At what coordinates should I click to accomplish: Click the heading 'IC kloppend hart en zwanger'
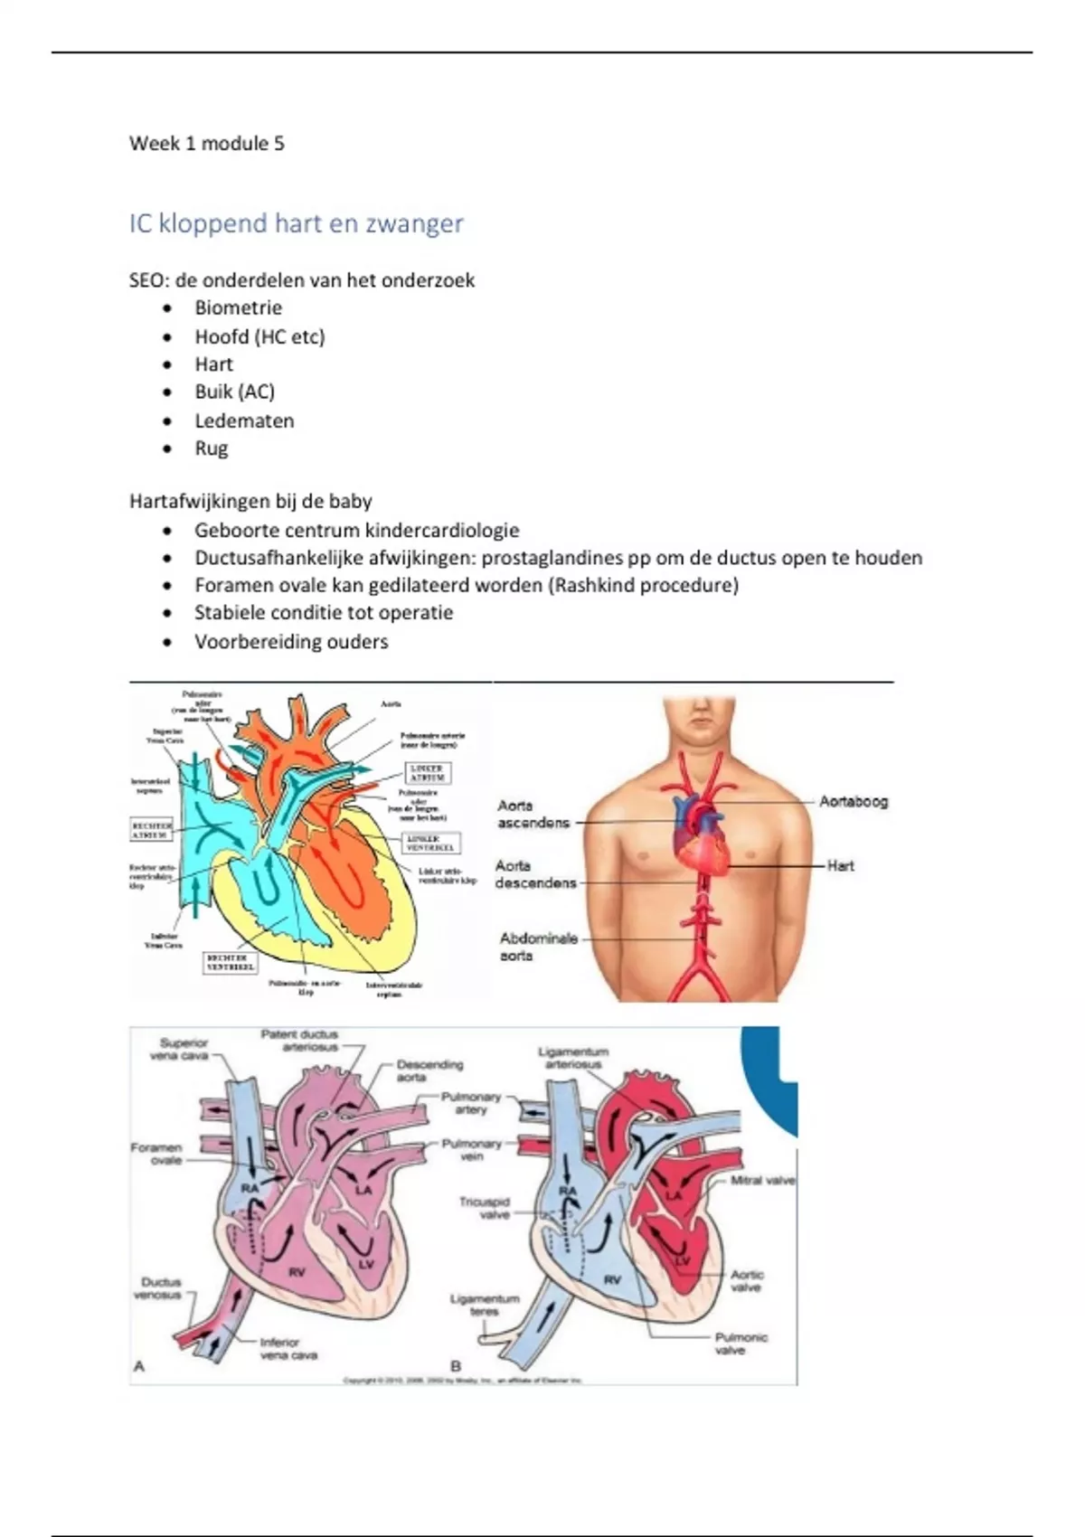(x=296, y=223)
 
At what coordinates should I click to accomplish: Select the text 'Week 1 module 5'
(x=206, y=144)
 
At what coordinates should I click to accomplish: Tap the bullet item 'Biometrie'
(x=238, y=307)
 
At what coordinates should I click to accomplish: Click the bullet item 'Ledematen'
(x=244, y=420)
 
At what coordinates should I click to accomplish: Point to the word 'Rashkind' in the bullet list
(x=593, y=585)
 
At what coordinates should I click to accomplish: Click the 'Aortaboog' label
(x=854, y=801)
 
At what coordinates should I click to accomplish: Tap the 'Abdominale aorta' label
(x=538, y=947)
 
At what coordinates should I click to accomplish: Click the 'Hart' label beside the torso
(x=840, y=865)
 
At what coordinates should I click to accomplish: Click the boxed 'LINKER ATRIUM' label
(x=426, y=773)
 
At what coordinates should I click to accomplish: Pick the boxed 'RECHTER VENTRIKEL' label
(x=230, y=961)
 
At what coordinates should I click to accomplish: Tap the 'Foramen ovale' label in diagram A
(x=156, y=1154)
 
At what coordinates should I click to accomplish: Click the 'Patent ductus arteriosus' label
(x=299, y=1041)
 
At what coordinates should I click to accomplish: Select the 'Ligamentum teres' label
(x=485, y=1305)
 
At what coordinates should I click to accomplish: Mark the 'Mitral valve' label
(x=762, y=1180)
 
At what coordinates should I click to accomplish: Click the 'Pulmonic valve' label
(x=741, y=1344)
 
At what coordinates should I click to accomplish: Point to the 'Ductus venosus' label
(x=161, y=1288)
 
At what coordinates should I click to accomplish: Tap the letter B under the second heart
(x=456, y=1366)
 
